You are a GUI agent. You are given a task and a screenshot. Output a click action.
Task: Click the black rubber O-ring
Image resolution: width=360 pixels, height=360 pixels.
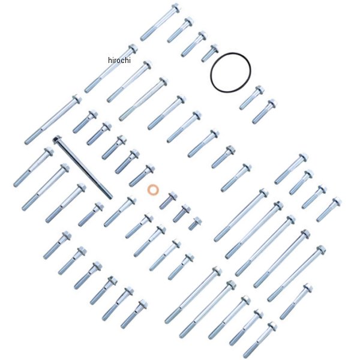pyautogui.click(x=230, y=73)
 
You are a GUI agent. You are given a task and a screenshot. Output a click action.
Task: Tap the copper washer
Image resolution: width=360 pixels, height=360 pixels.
pyautogui.click(x=153, y=190)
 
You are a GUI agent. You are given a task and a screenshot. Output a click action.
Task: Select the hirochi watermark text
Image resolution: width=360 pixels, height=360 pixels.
pyautogui.click(x=119, y=60)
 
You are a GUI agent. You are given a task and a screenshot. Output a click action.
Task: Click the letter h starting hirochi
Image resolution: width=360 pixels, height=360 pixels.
pyautogui.click(x=110, y=60)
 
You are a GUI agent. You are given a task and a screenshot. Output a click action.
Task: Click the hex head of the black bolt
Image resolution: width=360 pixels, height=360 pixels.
pyautogui.click(x=56, y=139)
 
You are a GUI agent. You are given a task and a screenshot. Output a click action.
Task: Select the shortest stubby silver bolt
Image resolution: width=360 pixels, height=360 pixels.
pyautogui.click(x=195, y=224)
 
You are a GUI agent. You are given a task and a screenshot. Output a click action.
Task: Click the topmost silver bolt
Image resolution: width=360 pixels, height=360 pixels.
pyautogui.click(x=160, y=22)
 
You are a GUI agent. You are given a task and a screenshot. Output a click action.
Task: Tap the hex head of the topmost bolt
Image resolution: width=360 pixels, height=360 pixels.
pyautogui.click(x=176, y=8)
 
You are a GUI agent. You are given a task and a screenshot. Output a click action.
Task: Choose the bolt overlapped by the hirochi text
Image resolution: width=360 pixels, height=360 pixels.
pyautogui.click(x=111, y=68)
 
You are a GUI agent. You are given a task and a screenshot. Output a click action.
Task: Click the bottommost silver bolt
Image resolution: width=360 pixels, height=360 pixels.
pyautogui.click(x=260, y=340)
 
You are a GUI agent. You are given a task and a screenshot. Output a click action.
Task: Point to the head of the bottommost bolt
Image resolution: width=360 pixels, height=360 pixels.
pyautogui.click(x=272, y=326)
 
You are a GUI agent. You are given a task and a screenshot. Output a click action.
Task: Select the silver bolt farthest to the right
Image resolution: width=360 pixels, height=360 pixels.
pyautogui.click(x=329, y=209)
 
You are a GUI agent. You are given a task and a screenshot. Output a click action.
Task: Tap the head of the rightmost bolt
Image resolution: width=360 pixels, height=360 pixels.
pyautogui.click(x=337, y=202)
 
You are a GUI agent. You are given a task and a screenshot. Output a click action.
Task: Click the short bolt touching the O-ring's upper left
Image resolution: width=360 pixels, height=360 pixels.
pyautogui.click(x=210, y=53)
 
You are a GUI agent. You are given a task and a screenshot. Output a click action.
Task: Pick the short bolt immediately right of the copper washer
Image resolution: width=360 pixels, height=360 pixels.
pyautogui.click(x=168, y=200)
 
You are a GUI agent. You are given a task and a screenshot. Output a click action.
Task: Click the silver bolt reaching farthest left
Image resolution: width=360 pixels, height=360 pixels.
pyautogui.click(x=34, y=167)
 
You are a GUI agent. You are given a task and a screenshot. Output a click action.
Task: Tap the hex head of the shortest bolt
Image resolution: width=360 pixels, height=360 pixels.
pyautogui.click(x=197, y=221)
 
